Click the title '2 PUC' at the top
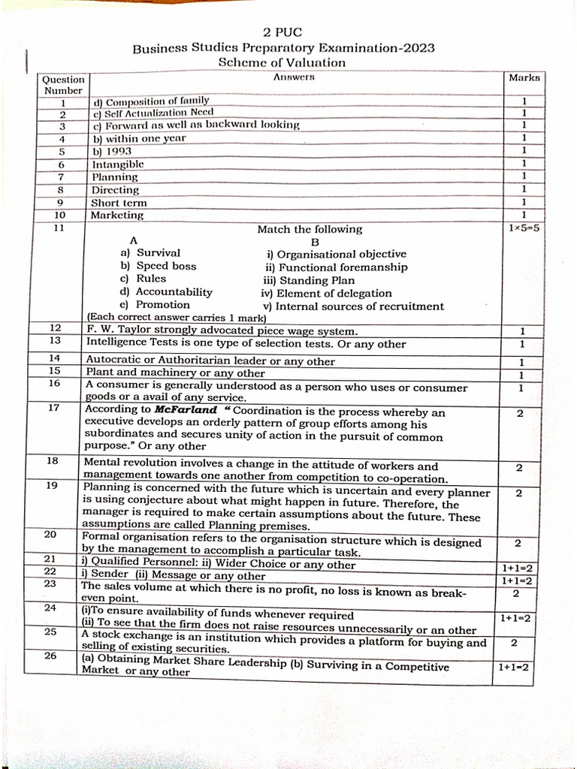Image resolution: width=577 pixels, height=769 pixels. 282,32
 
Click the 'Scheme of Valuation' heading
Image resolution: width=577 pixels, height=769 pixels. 282,63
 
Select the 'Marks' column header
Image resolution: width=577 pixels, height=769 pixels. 524,77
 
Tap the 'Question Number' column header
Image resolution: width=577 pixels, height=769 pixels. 63,85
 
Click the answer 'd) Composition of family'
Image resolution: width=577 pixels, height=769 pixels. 150,101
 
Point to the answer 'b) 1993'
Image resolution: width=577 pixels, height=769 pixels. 112,151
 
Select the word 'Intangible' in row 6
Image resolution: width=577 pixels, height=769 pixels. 117,164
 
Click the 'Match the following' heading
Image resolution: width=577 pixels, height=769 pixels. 310,229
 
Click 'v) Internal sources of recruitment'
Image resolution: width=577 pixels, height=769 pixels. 352,306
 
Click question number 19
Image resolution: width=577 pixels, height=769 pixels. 52,486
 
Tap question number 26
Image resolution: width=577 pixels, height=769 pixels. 51,656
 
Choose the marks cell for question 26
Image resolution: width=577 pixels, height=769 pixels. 515,667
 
